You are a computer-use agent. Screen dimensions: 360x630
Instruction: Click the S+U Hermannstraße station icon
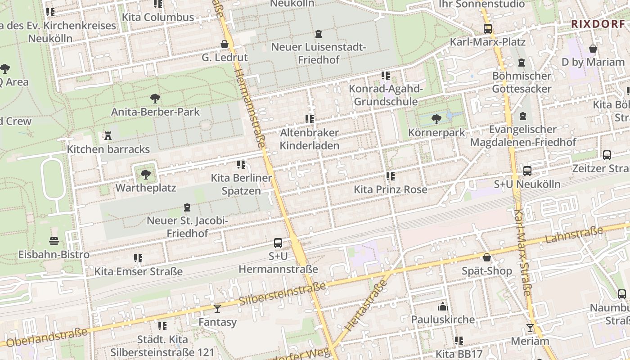(x=278, y=243)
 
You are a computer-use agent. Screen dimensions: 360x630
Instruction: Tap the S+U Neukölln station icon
(x=527, y=171)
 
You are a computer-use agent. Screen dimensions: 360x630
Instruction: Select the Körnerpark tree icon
(x=436, y=119)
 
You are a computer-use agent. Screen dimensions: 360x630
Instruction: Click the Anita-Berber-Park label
(x=155, y=112)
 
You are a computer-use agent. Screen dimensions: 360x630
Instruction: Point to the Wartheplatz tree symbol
(x=145, y=174)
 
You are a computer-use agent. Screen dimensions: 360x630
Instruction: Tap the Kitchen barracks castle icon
(x=108, y=135)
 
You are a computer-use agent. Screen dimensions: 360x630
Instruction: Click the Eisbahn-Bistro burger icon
(x=54, y=241)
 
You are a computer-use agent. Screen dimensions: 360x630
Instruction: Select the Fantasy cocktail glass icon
(x=217, y=309)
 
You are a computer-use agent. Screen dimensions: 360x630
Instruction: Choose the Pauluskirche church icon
(x=443, y=306)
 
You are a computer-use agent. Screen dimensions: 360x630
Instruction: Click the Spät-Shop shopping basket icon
(x=487, y=257)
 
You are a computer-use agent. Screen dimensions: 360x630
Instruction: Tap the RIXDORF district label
(x=598, y=24)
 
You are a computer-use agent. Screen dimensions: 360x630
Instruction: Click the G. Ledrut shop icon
(x=224, y=44)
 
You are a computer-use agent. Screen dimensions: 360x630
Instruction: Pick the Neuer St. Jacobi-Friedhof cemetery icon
(x=187, y=207)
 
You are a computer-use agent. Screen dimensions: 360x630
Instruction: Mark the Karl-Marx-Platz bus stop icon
(x=488, y=29)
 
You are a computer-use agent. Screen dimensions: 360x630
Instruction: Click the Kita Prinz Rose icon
(x=390, y=176)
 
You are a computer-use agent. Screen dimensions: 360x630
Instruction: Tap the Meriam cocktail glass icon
(x=530, y=328)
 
